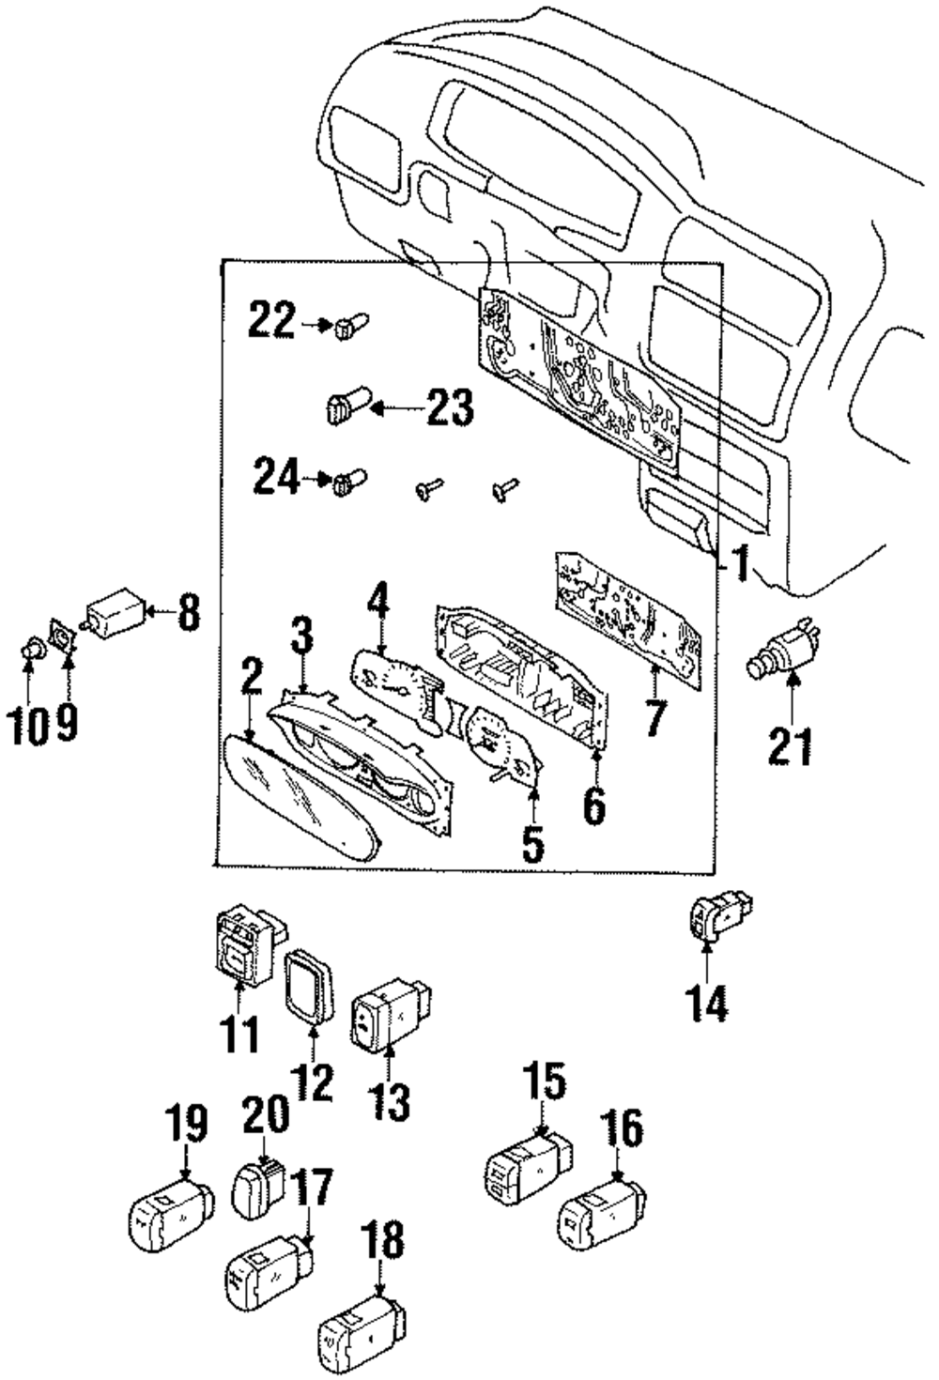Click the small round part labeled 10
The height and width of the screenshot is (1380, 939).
[33, 649]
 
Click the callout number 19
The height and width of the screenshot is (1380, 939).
[186, 1124]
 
